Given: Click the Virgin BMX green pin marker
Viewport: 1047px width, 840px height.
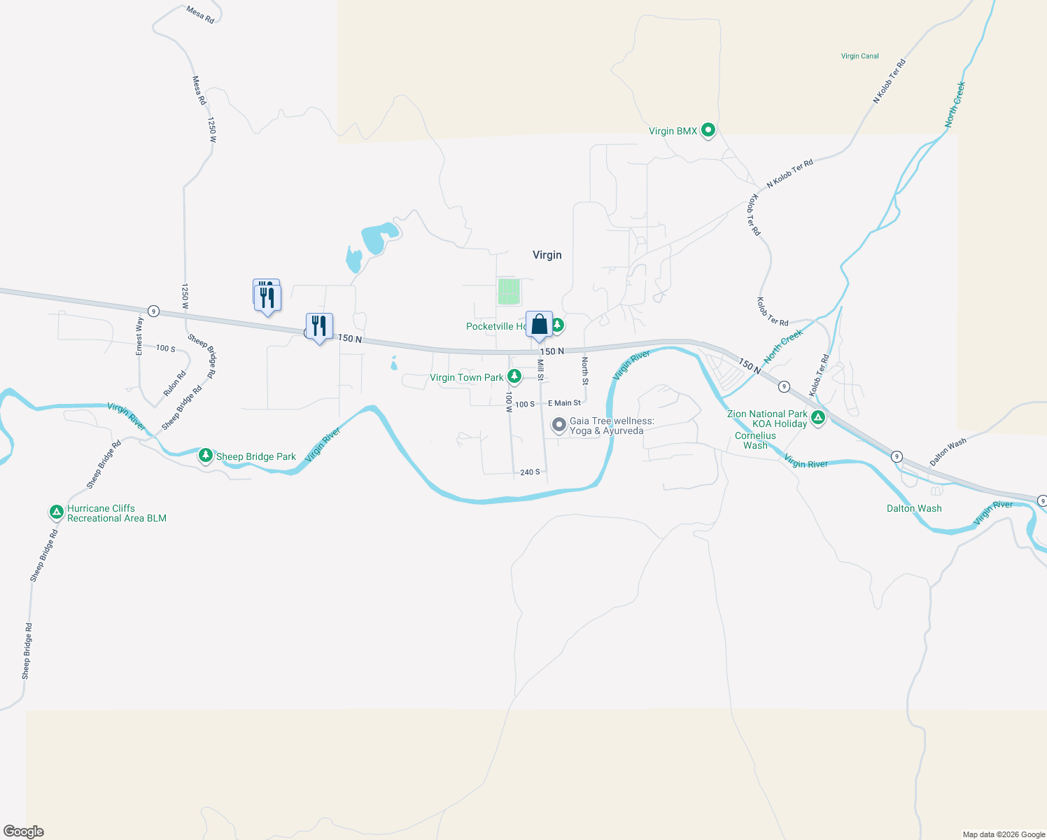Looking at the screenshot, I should tap(708, 130).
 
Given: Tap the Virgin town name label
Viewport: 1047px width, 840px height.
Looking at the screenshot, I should tap(547, 255).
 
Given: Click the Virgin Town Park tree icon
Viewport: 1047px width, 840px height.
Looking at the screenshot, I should tap(514, 377).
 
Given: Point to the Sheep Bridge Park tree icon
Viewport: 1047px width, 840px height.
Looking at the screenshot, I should tap(205, 456).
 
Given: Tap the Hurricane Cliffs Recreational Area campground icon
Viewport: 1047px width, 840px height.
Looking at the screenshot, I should tap(57, 512).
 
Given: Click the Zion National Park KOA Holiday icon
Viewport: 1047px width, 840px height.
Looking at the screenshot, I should tap(817, 419).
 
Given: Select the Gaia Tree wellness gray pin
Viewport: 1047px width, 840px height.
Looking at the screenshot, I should tap(558, 424).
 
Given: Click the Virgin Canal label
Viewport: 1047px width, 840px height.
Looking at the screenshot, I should tap(859, 56).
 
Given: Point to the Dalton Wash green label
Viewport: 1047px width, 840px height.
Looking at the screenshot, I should tap(914, 508).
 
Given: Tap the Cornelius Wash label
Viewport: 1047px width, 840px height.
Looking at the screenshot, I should tap(755, 440).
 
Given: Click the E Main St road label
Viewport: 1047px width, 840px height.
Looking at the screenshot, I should tap(564, 403).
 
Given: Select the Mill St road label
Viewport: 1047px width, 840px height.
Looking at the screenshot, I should tap(540, 370).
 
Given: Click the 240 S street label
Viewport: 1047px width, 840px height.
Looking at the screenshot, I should tap(530, 472).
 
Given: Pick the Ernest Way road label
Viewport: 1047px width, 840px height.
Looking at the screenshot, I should tap(139, 336).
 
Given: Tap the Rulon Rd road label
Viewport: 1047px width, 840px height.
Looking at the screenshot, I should tap(174, 384).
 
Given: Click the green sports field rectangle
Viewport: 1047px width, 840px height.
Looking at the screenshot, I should tap(509, 291).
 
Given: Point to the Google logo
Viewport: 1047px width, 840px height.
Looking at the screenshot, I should tap(23, 832).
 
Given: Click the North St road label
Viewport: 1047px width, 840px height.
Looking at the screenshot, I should tap(585, 370).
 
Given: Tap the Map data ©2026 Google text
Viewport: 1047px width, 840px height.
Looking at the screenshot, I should tap(1004, 834).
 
